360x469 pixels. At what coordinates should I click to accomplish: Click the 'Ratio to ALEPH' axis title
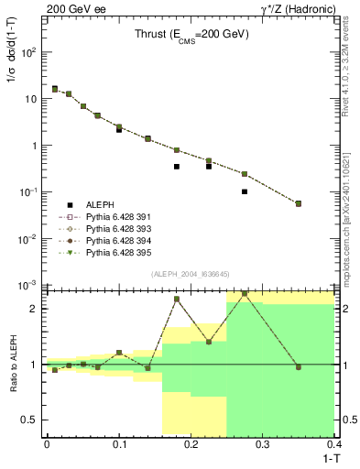pyautogui.click(x=13, y=364)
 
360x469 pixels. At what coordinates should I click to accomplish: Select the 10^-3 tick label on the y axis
pyautogui.click(x=27, y=285)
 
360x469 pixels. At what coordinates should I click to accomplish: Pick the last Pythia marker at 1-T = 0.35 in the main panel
pyautogui.click(x=299, y=203)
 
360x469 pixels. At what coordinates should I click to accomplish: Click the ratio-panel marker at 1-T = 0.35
pyautogui.click(x=299, y=367)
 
